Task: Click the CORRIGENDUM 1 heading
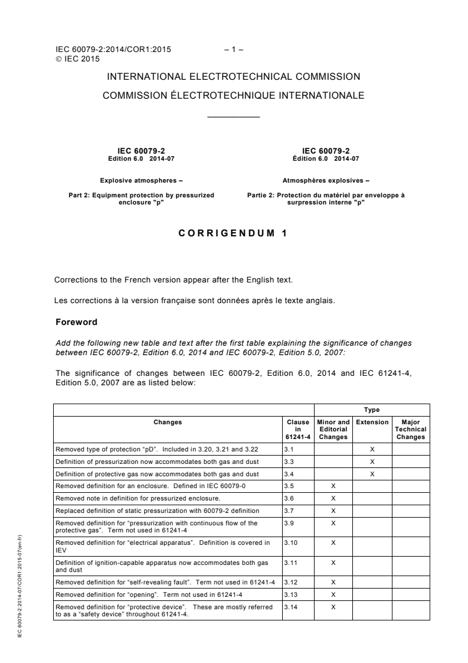(233, 233)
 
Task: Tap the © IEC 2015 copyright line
(77, 58)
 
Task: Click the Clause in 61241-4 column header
(297, 430)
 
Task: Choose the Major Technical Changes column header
(411, 430)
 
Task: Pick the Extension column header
(372, 422)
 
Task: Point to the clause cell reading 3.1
(289, 448)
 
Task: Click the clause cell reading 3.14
(290, 607)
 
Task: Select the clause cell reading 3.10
(290, 542)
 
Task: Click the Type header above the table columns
(372, 409)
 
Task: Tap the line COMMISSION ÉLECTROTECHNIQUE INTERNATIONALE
(234, 95)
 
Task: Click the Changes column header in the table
(168, 422)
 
